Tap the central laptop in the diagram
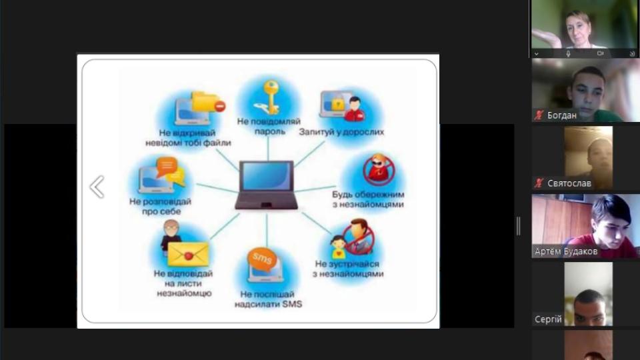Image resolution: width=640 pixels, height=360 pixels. (267, 185)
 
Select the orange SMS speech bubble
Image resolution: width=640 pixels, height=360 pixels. (261, 258)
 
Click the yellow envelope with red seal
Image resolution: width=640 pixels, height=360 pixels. (188, 255)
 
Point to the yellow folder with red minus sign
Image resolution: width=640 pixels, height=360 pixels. (208, 102)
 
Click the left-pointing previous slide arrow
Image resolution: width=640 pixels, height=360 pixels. (97, 187)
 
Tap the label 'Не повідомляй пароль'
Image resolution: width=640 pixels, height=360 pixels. (269, 126)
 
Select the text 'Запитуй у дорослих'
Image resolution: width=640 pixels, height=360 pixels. (341, 132)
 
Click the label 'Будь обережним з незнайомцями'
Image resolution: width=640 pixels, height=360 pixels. (368, 199)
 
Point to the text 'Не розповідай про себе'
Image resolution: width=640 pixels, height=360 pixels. (161, 206)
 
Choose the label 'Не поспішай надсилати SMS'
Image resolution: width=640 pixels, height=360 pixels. (268, 299)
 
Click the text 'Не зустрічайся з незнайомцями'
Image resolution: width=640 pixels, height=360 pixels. (348, 269)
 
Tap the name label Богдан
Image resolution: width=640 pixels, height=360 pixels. (561, 115)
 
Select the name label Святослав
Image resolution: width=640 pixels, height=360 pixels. (569, 184)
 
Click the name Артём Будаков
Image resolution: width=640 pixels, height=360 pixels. (566, 251)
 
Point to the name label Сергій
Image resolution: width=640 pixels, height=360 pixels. (548, 319)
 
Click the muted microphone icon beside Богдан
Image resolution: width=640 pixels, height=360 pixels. (539, 115)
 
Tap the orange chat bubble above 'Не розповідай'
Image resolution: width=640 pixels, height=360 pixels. (167, 166)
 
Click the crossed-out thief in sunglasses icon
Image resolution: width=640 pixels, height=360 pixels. (379, 169)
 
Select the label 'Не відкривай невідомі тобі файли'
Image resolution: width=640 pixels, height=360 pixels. (188, 138)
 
